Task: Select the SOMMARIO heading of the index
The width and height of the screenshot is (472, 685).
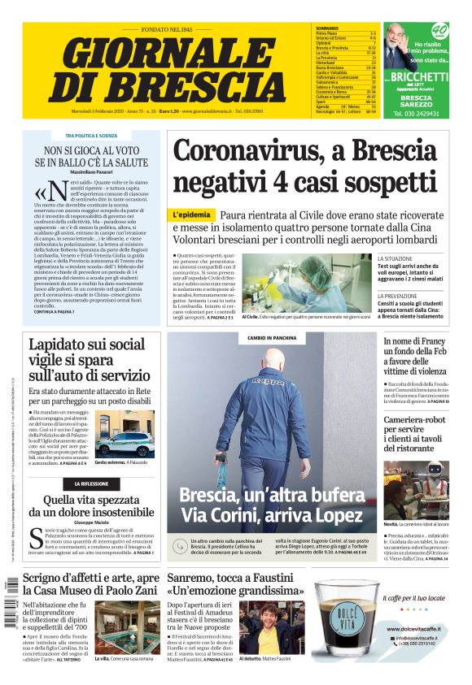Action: pos(328,28)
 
